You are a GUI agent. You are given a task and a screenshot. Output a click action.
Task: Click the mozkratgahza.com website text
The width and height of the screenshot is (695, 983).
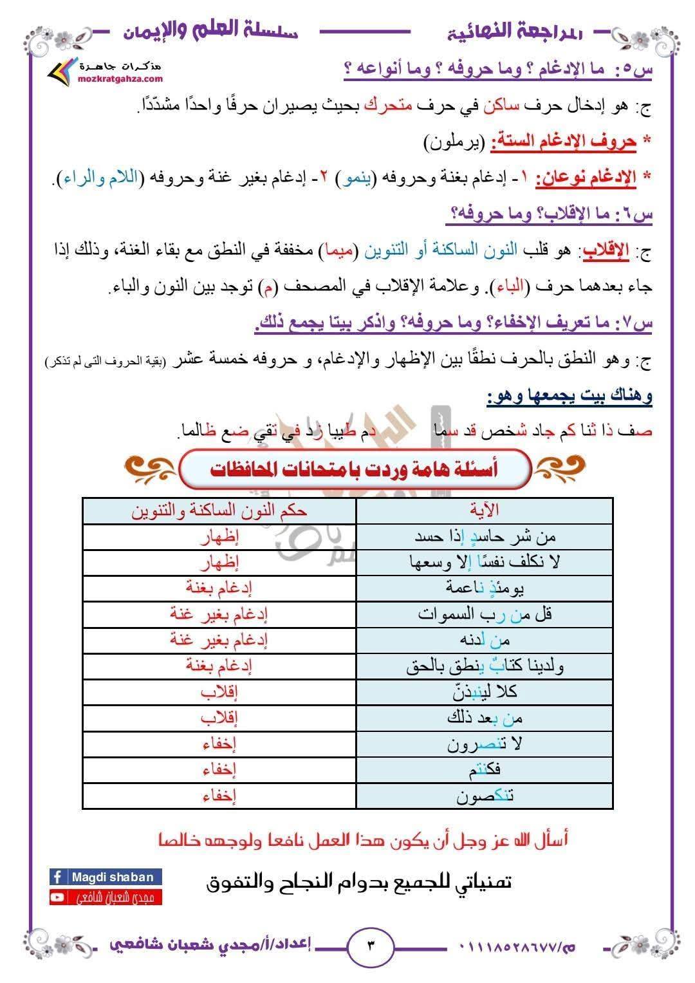(x=120, y=79)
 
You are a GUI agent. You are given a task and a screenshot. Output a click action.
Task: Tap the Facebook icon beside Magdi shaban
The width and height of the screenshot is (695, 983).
(x=58, y=877)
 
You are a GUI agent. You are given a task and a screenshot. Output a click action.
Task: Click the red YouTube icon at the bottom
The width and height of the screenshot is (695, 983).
(x=58, y=897)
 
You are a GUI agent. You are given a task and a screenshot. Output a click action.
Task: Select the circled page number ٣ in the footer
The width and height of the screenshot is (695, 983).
(x=371, y=945)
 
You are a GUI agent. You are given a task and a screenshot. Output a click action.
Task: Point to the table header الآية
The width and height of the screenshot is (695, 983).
(x=485, y=510)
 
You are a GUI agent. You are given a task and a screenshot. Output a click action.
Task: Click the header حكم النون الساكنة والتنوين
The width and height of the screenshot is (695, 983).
(x=219, y=510)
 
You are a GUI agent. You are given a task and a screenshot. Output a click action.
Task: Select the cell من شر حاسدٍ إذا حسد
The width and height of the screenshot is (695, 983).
(x=485, y=536)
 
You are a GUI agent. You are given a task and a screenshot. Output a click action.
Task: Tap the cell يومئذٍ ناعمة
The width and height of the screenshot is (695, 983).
(x=485, y=587)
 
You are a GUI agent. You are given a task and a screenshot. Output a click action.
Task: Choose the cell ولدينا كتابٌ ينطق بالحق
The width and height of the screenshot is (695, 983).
(x=485, y=666)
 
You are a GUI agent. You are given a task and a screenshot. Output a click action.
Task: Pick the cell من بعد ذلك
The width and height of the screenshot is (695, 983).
(x=485, y=717)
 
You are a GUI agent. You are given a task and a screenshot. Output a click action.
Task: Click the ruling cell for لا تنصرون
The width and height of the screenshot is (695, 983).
(x=219, y=744)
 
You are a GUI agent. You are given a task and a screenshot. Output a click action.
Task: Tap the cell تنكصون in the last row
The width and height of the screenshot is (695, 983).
(x=485, y=796)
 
